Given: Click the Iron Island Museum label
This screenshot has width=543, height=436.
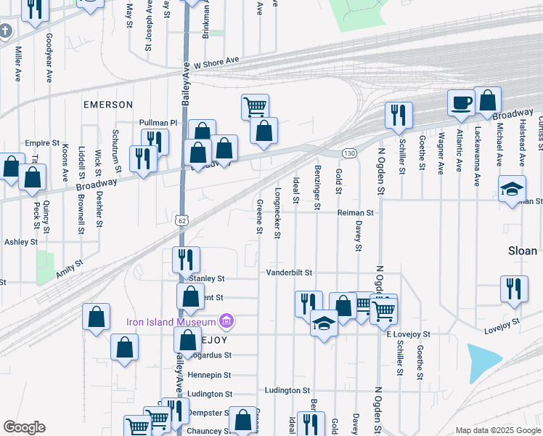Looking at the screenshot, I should [x=172, y=321].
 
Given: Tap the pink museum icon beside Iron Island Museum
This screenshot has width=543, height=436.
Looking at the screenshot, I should [x=226, y=321].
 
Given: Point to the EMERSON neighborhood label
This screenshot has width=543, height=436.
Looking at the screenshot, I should [x=108, y=105].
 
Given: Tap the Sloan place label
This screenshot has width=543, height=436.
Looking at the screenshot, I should [x=522, y=251].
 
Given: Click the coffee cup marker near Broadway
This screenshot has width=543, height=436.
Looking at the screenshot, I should [x=460, y=103].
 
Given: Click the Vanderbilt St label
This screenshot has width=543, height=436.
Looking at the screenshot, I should [x=287, y=272].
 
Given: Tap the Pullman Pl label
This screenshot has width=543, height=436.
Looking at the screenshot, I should [x=158, y=124].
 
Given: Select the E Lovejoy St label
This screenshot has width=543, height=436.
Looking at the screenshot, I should [x=408, y=334].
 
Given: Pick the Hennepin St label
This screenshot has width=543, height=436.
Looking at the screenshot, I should [x=209, y=375].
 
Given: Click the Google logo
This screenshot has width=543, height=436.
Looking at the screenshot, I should [x=24, y=427].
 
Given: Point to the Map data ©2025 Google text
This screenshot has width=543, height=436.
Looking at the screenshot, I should [x=497, y=431].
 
